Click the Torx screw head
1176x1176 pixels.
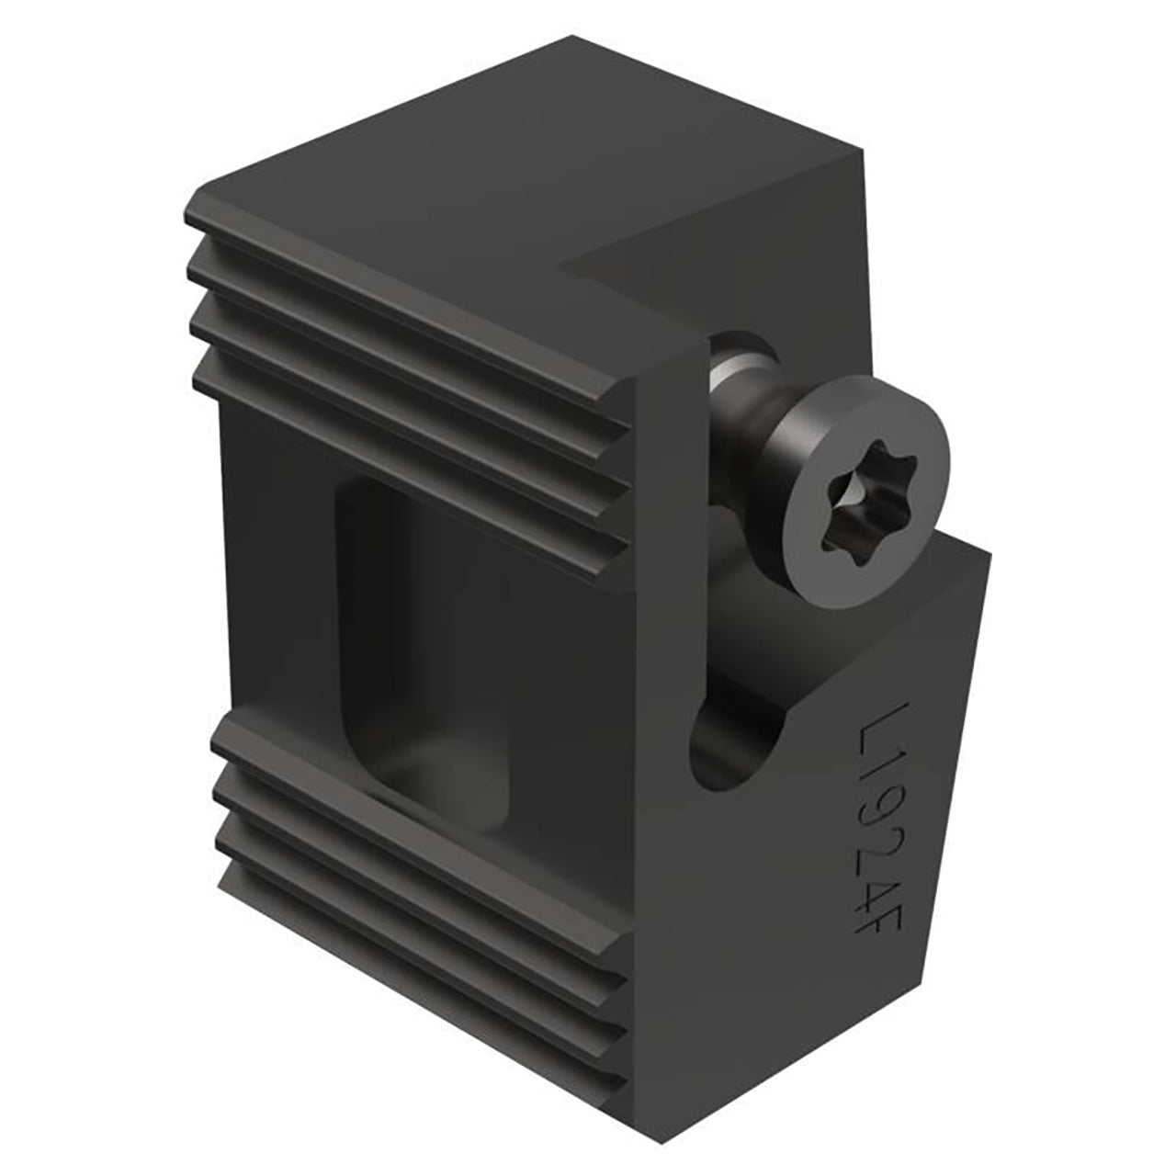pos(865,486)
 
